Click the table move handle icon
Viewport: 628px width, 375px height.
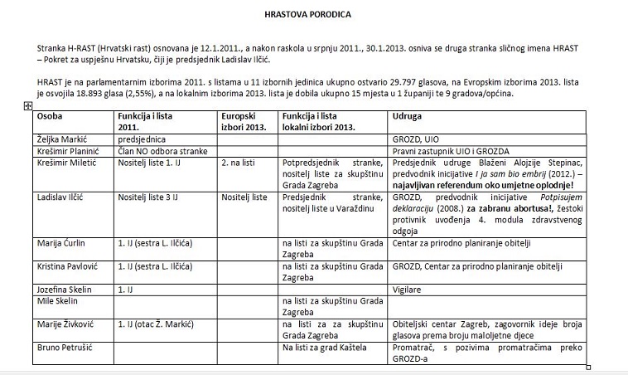tap(29, 105)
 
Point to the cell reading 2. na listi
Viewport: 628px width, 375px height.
tap(239, 163)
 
